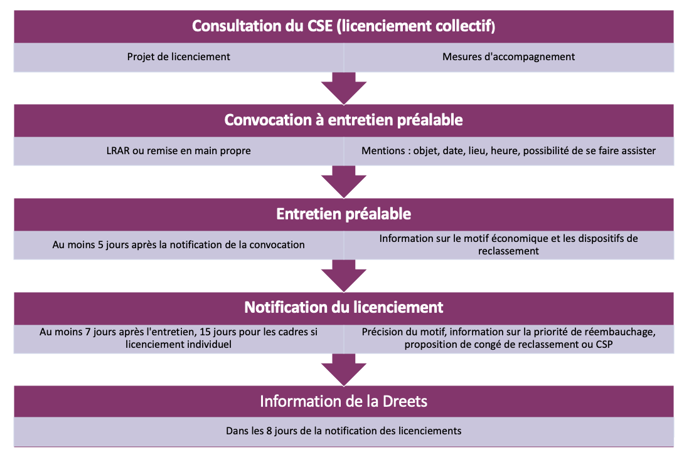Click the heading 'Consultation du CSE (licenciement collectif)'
click(344, 26)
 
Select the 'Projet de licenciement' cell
click(178, 56)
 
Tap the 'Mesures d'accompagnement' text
click(509, 56)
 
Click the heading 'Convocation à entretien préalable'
click(344, 120)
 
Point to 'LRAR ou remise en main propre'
click(178, 151)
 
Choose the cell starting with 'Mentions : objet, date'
click(509, 151)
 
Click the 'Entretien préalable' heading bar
click(344, 214)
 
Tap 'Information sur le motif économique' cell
click(509, 244)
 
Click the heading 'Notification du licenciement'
click(344, 308)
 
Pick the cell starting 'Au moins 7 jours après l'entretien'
click(178, 338)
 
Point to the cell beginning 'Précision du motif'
click(509, 338)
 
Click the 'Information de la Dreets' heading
click(344, 401)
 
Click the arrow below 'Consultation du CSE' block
click(344, 88)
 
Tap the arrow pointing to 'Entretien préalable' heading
click(344, 182)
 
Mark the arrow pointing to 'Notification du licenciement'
click(344, 276)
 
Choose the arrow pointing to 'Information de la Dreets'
click(344, 370)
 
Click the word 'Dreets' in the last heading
click(405, 401)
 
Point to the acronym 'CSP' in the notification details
click(604, 345)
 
